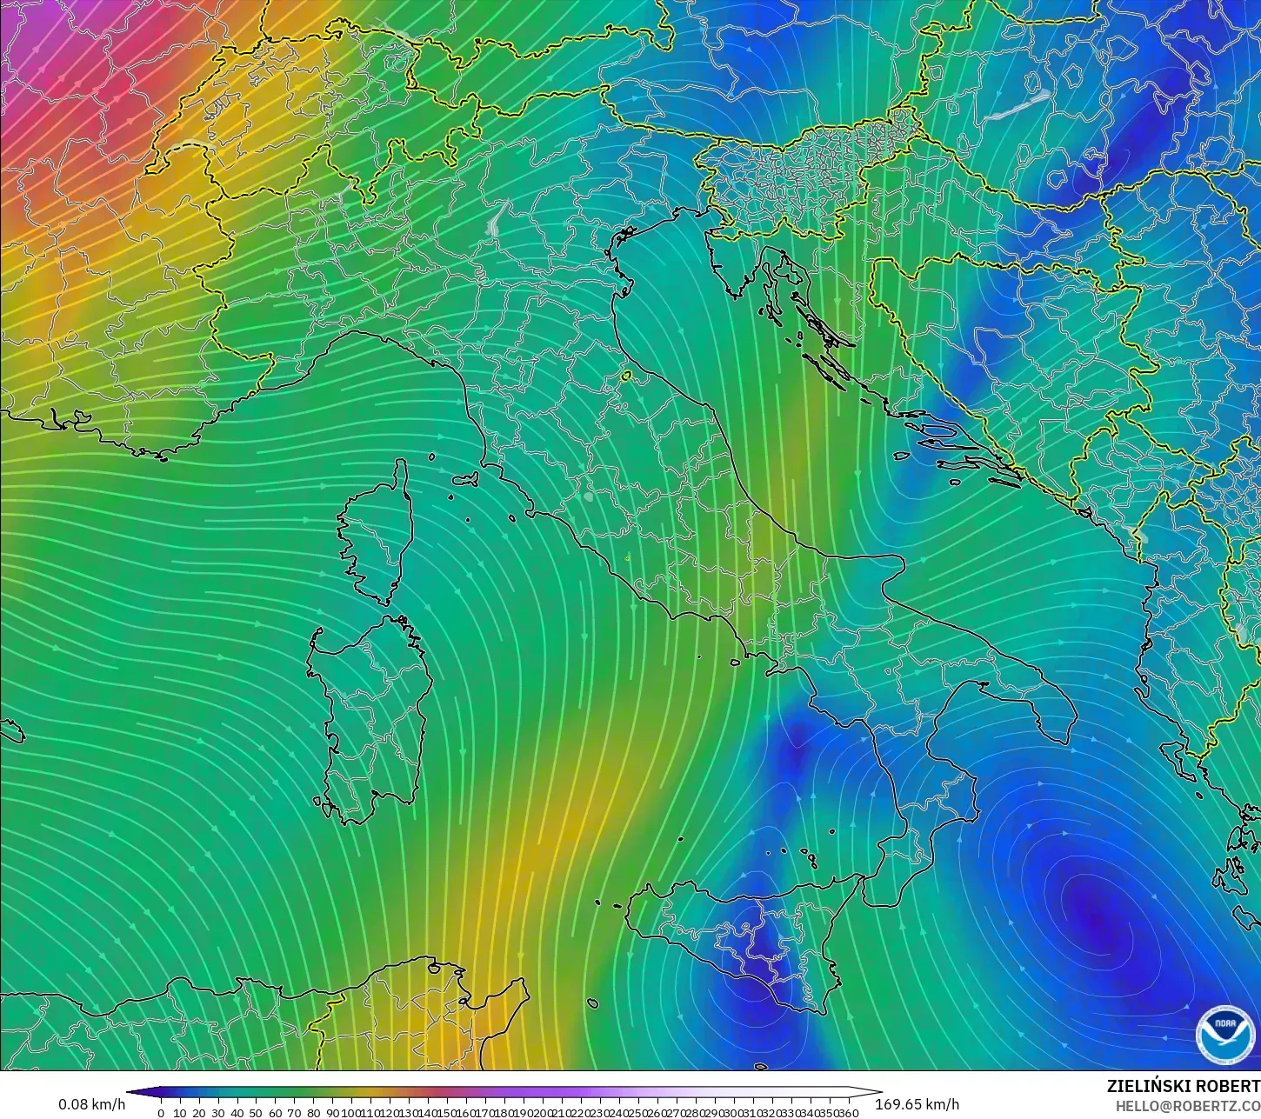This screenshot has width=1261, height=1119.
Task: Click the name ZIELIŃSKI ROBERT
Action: point(1183,1086)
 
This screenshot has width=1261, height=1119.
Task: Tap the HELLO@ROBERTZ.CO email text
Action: point(1188,1106)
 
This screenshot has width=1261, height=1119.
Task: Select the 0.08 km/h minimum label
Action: point(91,1104)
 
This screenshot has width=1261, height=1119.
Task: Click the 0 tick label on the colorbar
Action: point(161,1113)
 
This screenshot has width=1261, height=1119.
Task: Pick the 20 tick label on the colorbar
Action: point(198,1113)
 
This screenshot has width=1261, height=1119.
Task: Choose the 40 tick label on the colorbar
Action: point(237,1113)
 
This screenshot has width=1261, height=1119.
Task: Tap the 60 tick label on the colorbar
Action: point(275,1113)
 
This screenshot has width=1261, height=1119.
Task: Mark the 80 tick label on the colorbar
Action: point(313,1113)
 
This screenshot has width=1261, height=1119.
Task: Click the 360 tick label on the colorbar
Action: point(849,1113)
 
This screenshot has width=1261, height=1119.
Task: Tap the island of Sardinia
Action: point(374,713)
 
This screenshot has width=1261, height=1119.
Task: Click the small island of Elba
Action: point(468,478)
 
